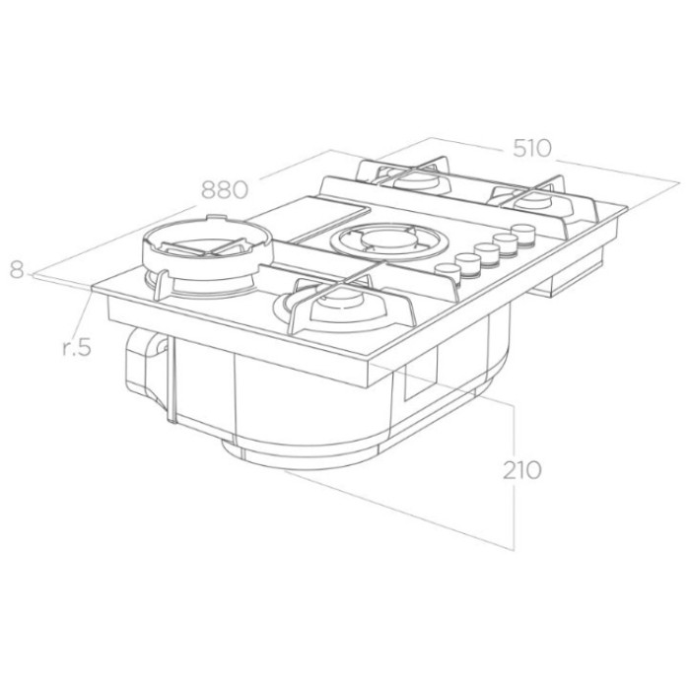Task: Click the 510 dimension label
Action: coord(531,148)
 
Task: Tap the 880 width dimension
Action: coord(225,190)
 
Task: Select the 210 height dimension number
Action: coord(521,470)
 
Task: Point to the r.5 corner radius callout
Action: coord(77,347)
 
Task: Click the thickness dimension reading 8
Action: coord(17,270)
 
